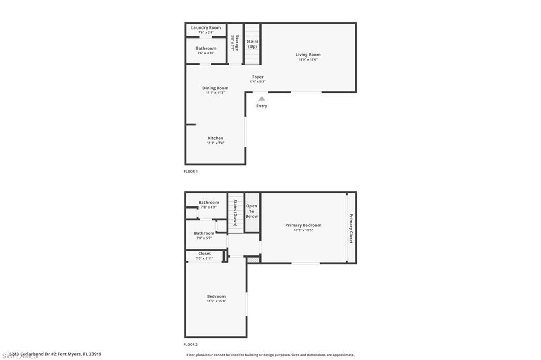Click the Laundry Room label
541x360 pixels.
(206, 27)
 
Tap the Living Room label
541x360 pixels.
(308, 55)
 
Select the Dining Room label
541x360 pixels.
(216, 88)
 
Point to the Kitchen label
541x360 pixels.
(216, 138)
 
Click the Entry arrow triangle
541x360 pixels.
(262, 98)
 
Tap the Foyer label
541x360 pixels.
(258, 77)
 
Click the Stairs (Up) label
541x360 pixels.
(253, 44)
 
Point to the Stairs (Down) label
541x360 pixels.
(235, 213)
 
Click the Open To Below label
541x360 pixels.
(251, 211)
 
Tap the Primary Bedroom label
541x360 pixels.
(303, 225)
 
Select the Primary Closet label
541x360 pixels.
(351, 228)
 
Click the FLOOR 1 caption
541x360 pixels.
(190, 172)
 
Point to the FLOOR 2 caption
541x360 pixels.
(190, 344)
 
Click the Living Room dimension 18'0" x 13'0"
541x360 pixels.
(308, 60)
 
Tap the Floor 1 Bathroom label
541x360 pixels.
(206, 49)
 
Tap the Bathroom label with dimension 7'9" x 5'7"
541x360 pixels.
(204, 233)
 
